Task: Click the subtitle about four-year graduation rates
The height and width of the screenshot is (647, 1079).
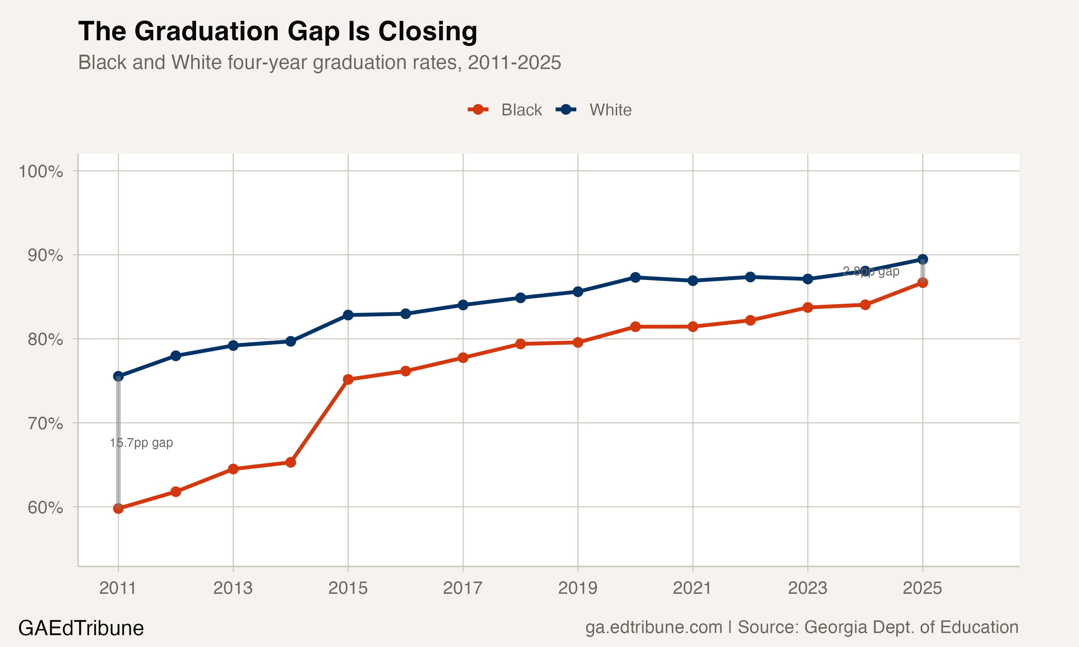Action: coord(319,62)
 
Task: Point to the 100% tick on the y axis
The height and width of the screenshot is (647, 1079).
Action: coord(41,171)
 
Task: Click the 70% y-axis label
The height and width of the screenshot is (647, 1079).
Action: coord(45,423)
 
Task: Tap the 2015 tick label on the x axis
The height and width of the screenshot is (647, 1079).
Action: coord(347,588)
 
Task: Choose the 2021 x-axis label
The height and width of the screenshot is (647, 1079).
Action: coord(692,588)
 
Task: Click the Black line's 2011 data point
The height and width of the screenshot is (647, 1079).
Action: coord(118,508)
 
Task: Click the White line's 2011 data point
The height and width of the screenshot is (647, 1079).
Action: coord(118,376)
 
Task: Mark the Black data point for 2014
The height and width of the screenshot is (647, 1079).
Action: coord(291,462)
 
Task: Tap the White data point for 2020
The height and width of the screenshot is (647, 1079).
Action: coord(636,277)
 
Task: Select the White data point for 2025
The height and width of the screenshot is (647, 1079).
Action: coord(923,260)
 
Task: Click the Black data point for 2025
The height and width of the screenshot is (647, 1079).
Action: coord(923,283)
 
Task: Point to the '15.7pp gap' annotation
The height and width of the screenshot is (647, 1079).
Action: coord(141,443)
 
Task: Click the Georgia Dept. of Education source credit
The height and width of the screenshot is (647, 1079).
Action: coord(878,627)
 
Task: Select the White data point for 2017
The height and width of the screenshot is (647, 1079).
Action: coord(463,305)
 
